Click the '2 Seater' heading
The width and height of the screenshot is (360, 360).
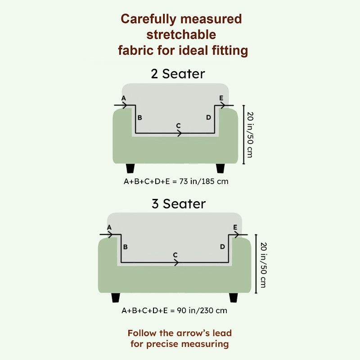click(178, 74)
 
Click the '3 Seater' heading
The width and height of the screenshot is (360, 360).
click(179, 204)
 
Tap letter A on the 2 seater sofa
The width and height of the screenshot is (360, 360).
click(124, 98)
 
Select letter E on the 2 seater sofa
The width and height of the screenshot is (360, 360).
click(221, 98)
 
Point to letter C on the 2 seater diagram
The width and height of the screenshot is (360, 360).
click(178, 126)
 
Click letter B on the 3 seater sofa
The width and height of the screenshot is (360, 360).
click(126, 247)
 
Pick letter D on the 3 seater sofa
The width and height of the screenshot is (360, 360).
click(222, 247)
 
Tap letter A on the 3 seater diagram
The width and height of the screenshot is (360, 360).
click(109, 228)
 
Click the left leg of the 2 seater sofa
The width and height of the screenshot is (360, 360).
click(130, 168)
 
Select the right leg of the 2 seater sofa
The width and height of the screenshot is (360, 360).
click(220, 168)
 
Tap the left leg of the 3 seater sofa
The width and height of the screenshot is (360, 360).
click(116, 297)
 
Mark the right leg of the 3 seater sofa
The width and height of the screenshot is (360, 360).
click(234, 297)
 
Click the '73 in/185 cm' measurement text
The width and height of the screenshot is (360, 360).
click(204, 182)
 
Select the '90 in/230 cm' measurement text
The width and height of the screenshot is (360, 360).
click(202, 310)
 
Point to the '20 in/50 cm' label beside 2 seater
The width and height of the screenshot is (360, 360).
click(250, 135)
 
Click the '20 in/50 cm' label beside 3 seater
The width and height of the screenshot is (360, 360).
click(264, 265)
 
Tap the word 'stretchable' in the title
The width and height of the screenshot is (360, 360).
click(181, 35)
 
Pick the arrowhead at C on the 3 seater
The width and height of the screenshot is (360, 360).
click(176, 262)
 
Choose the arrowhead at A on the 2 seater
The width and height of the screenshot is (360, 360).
click(125, 105)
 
